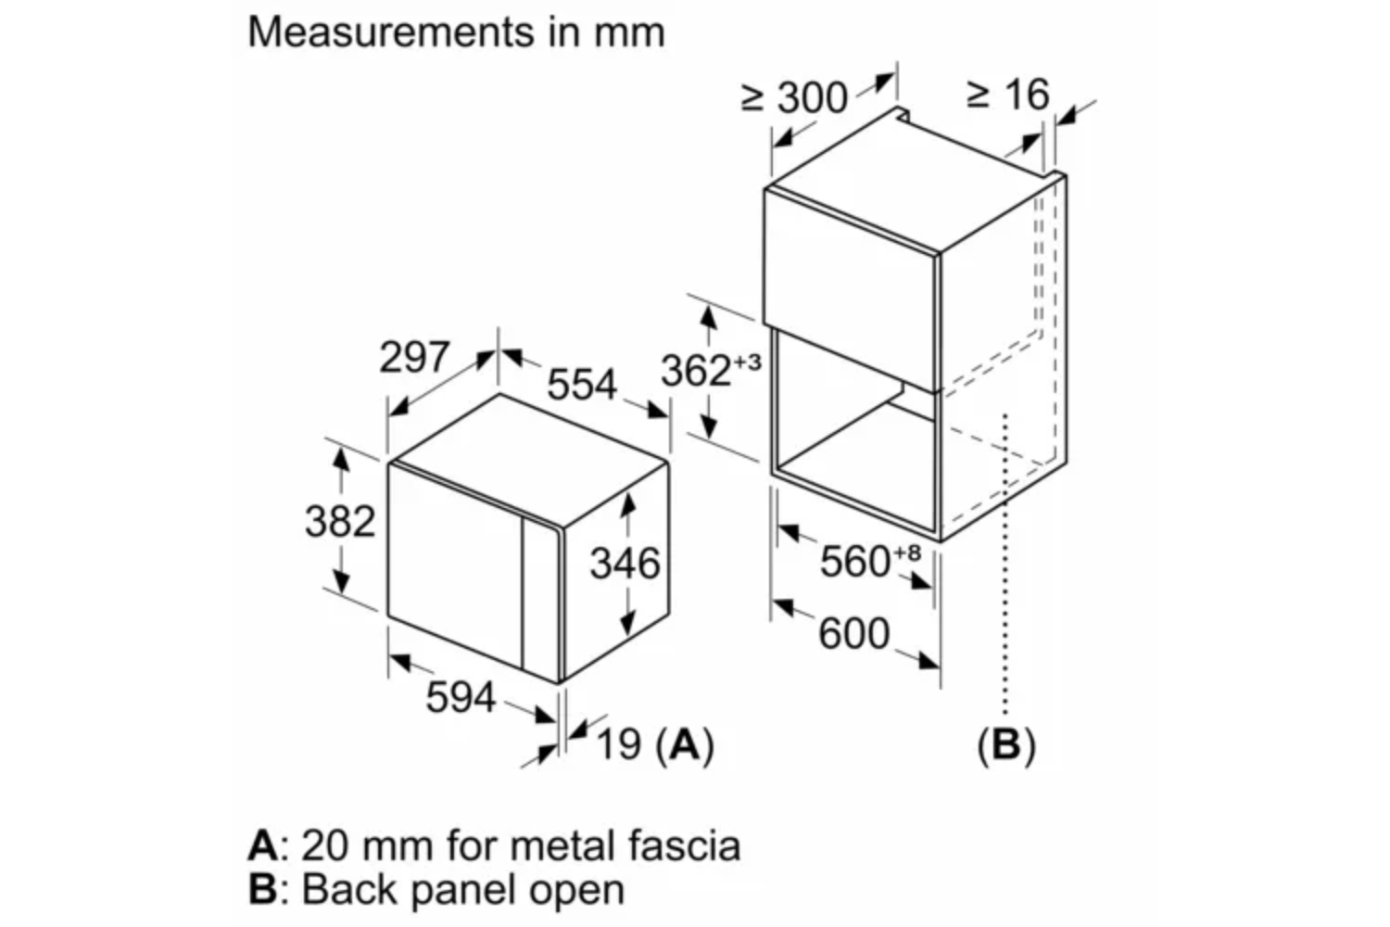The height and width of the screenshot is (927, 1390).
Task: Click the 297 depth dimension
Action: [414, 357]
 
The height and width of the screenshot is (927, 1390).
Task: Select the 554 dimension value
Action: [581, 384]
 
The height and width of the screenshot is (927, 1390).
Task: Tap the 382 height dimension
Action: [340, 521]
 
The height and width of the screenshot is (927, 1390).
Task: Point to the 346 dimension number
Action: [625, 564]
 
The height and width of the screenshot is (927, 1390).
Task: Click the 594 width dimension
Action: [461, 697]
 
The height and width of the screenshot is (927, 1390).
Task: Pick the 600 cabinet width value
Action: [854, 634]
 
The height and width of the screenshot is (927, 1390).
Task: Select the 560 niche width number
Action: [855, 561]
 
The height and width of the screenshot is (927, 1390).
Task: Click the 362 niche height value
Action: [696, 371]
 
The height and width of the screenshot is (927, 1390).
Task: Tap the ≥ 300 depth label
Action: [794, 97]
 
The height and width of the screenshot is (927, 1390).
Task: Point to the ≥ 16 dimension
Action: [1008, 95]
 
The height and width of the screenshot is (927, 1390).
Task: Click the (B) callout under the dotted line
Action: [1006, 745]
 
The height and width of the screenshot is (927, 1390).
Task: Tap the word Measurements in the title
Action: [391, 32]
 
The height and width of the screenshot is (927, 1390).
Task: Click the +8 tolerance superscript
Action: [907, 552]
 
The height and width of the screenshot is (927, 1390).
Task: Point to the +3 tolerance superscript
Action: [748, 362]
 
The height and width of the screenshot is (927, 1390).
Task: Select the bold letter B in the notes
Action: [262, 889]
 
